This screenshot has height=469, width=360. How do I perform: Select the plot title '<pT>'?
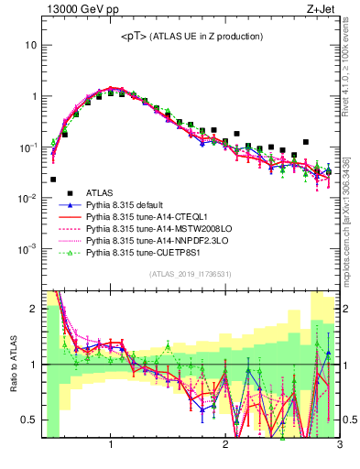pos(134,36)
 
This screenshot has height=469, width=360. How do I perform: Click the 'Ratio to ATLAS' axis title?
pos(13,365)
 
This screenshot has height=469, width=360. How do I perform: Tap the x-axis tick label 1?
pos(111,446)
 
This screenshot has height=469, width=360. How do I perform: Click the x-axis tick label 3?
pos(339,446)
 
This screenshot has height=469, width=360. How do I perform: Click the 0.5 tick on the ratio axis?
pos(30,420)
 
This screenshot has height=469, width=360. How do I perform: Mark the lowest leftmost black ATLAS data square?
pos(53,180)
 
